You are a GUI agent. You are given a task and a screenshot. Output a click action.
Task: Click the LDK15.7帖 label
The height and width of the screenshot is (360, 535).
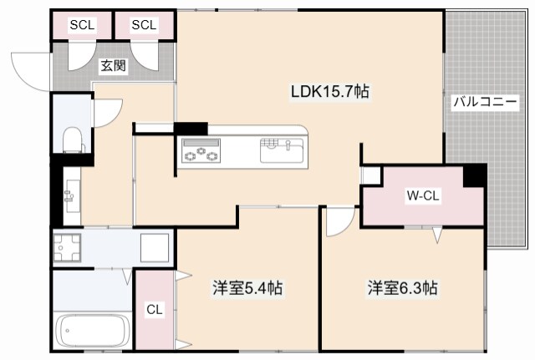329,93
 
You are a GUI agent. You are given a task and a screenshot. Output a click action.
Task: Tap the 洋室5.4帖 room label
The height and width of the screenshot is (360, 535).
247,289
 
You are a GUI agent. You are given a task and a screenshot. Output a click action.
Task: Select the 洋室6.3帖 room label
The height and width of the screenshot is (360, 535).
402,289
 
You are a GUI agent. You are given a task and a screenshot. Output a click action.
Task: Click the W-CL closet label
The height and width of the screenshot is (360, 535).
423,196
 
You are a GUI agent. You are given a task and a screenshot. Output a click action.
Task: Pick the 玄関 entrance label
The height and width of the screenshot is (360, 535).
113,64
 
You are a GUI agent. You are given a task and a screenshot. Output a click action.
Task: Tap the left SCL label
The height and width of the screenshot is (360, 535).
82,24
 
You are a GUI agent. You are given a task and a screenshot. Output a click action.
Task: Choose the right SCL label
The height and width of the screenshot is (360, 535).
144,24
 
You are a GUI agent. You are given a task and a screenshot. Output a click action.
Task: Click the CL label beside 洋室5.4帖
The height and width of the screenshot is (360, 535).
154,310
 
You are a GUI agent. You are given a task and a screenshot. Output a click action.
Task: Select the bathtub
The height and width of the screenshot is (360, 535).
91,332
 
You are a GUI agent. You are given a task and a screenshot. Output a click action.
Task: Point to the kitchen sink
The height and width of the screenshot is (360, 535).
282,150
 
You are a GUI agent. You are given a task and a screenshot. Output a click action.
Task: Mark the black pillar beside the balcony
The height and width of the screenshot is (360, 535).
475,175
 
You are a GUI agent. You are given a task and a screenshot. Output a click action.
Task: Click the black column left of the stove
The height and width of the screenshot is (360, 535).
190,128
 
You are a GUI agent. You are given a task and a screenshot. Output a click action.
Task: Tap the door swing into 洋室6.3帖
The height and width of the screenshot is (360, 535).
339,222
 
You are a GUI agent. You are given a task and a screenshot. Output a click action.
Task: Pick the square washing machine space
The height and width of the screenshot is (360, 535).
155,247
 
